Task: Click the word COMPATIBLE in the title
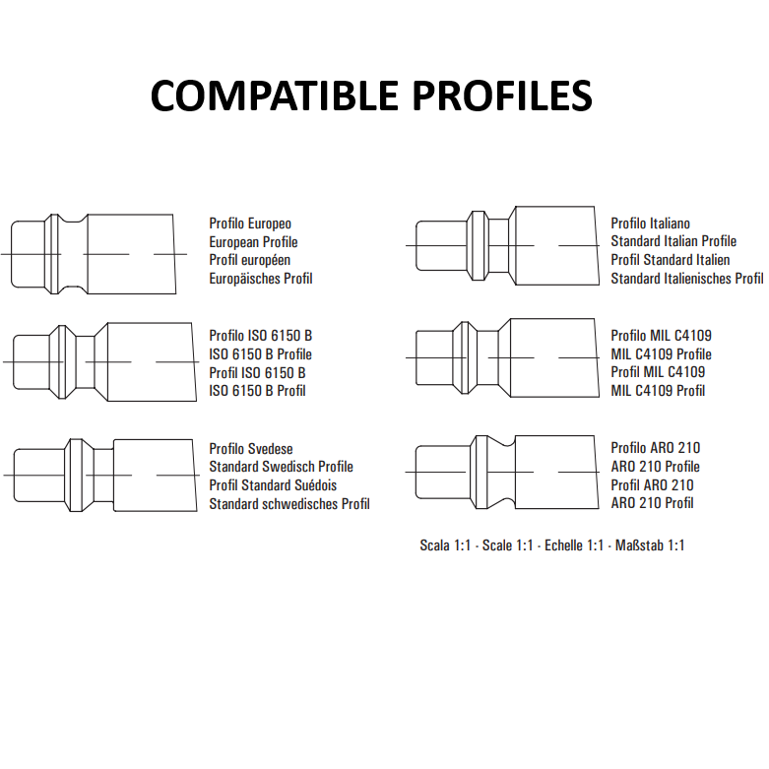274,96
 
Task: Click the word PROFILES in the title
503,96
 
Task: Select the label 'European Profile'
253,242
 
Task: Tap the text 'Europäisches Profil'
260,279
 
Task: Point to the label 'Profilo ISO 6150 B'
260,336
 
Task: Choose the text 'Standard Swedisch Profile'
281,467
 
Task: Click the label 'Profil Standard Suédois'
273,485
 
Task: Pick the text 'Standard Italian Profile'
673,241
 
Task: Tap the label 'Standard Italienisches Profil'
687,279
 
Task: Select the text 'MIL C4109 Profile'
661,354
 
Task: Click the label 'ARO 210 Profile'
655,467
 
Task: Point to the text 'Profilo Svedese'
251,449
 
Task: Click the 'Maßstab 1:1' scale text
649,545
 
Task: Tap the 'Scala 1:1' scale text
445,545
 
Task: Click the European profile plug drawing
94,254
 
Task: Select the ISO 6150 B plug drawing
100,362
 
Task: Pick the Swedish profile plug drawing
101,476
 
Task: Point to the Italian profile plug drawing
503,245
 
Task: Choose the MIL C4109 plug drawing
503,357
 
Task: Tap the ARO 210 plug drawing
502,473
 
